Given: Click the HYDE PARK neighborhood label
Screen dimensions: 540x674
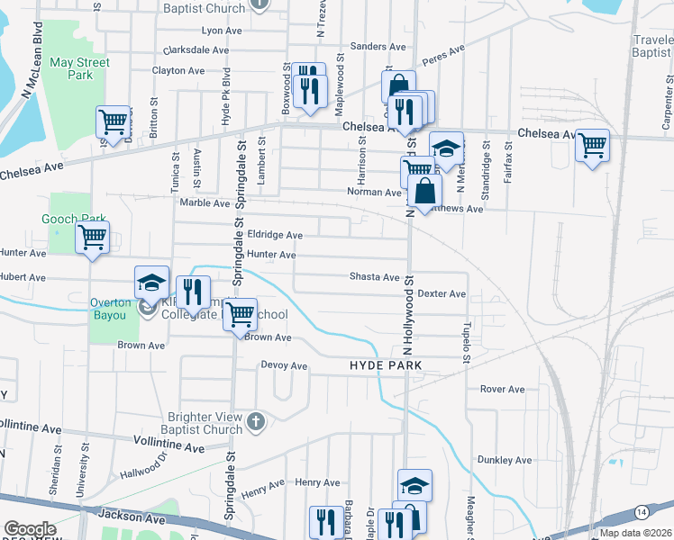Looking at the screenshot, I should (x=387, y=366).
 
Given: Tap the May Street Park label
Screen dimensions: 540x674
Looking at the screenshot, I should (x=79, y=68).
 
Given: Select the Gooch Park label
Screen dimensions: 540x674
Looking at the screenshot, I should (x=74, y=219).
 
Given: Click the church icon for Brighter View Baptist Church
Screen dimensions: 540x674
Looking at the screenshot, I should (x=256, y=421).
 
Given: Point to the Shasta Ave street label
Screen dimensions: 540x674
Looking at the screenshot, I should (x=374, y=277).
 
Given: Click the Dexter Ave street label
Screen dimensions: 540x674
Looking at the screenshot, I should (x=442, y=294).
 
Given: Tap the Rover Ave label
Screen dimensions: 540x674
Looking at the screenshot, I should (x=502, y=390).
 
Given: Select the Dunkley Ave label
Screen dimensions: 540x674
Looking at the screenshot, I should (x=505, y=460).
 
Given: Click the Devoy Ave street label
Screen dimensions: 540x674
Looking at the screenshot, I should (x=284, y=366).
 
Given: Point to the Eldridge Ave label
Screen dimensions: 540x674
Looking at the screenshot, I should (x=275, y=235).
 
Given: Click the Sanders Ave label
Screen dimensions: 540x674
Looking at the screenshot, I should (x=378, y=46).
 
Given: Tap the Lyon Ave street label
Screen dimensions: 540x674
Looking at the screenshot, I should (x=222, y=31).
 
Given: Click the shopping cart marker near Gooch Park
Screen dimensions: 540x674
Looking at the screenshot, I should (x=92, y=238).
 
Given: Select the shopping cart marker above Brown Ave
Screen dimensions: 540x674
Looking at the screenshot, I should (x=240, y=315).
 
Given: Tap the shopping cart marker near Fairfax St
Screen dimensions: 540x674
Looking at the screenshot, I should (x=592, y=144).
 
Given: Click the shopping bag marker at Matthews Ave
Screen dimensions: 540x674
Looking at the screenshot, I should (x=425, y=191).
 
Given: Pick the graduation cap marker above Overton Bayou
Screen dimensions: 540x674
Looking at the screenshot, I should (x=151, y=282).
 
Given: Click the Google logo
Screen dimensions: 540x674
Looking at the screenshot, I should (x=29, y=530).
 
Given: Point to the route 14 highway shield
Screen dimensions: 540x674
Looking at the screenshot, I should (x=640, y=511).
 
